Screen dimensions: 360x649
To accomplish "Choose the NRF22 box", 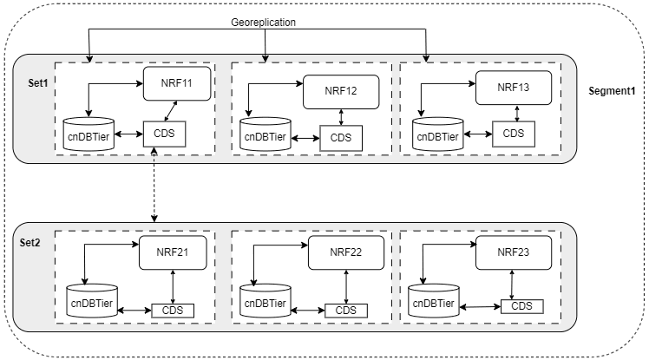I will tap(345, 253).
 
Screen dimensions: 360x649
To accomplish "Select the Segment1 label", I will tap(612, 92).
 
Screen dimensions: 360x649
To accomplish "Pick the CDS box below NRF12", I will tap(340, 136).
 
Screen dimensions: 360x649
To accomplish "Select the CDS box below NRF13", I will tap(514, 133).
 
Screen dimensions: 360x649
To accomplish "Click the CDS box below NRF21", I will tap(172, 310).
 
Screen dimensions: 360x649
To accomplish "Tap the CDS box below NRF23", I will tap(521, 305).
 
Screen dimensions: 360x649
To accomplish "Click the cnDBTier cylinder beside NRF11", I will tap(89, 134).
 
